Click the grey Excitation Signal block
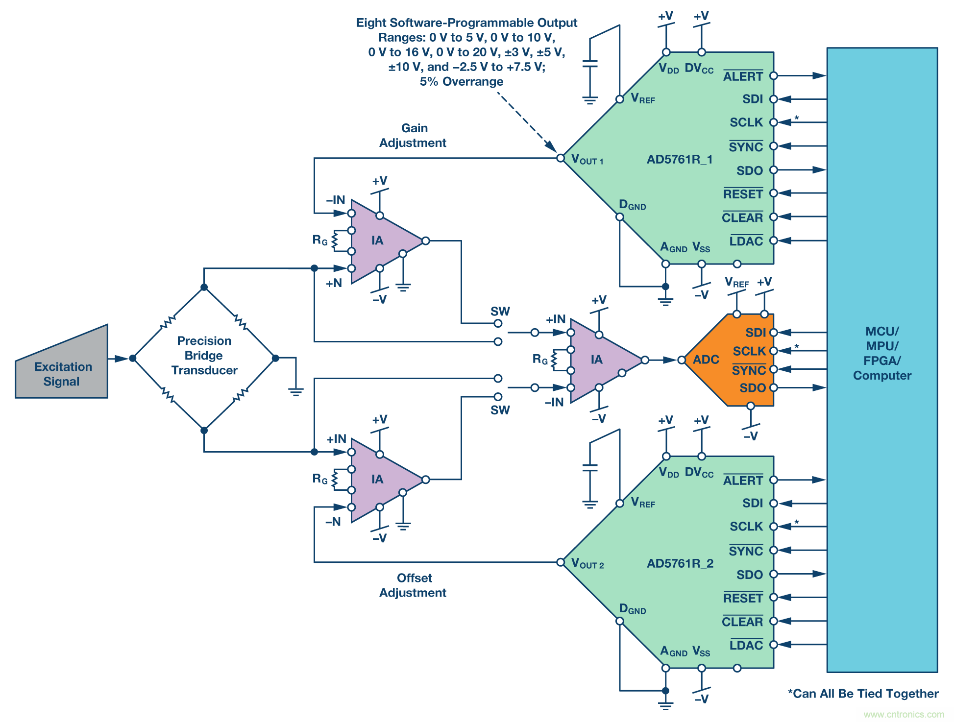[x=62, y=373]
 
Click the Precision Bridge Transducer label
[x=204, y=356]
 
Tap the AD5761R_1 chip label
[x=680, y=160]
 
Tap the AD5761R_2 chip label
[x=680, y=564]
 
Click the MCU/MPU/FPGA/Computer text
[x=882, y=353]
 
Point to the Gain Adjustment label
[x=413, y=136]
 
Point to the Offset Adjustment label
[x=413, y=585]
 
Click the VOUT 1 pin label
[x=587, y=160]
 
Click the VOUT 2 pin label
[x=587, y=564]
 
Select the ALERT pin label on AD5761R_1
[x=743, y=77]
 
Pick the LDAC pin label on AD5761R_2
[x=746, y=646]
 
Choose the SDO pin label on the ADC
[x=752, y=388]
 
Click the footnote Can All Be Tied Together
[x=863, y=694]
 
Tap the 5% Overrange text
[x=461, y=82]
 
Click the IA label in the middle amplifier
[x=596, y=360]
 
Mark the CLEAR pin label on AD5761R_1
[x=742, y=218]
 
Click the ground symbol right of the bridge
[x=295, y=391]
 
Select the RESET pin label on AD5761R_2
[x=743, y=599]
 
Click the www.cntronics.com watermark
[x=904, y=714]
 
